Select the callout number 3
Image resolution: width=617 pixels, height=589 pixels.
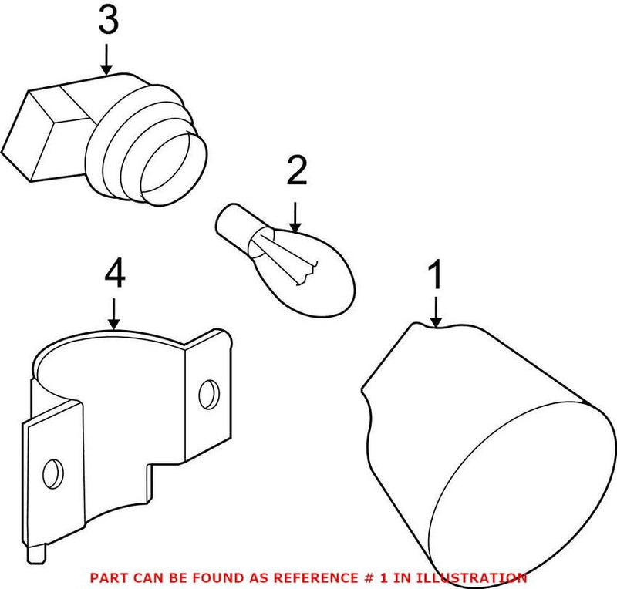[x=108, y=22]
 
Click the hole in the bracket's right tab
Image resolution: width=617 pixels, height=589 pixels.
[x=207, y=395]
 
